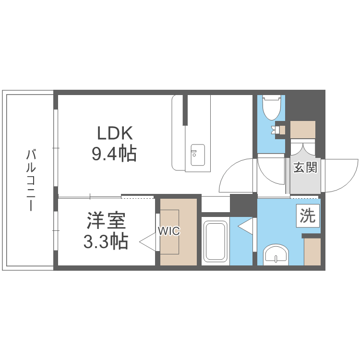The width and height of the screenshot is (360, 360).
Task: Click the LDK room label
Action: pyautogui.click(x=115, y=133)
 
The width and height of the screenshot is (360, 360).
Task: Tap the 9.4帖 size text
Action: pyautogui.click(x=114, y=153)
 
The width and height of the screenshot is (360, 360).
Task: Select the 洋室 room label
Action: pyautogui.click(x=106, y=221)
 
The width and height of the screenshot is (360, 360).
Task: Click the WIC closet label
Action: pyautogui.click(x=169, y=231)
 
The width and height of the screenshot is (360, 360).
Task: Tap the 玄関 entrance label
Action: pyautogui.click(x=305, y=167)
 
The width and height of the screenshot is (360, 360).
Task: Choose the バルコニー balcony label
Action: pyautogui.click(x=31, y=180)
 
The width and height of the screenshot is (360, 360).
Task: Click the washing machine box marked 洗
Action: pyautogui.click(x=308, y=216)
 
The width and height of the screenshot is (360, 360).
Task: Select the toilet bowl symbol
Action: pyautogui.click(x=272, y=108)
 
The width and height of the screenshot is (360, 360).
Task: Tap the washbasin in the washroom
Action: pyautogui.click(x=276, y=254)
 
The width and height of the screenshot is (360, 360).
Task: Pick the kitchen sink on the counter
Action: pyautogui.click(x=198, y=155)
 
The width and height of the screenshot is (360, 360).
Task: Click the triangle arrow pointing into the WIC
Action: pyautogui.click(x=148, y=241)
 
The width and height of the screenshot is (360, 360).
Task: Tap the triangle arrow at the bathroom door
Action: pyautogui.click(x=245, y=227)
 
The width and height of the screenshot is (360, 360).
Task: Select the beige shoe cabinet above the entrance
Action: pyautogui.click(x=302, y=130)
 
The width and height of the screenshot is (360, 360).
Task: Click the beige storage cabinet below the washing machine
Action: pyautogui.click(x=312, y=252)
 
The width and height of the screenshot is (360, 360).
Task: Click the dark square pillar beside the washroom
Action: pyautogui.click(x=243, y=205)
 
